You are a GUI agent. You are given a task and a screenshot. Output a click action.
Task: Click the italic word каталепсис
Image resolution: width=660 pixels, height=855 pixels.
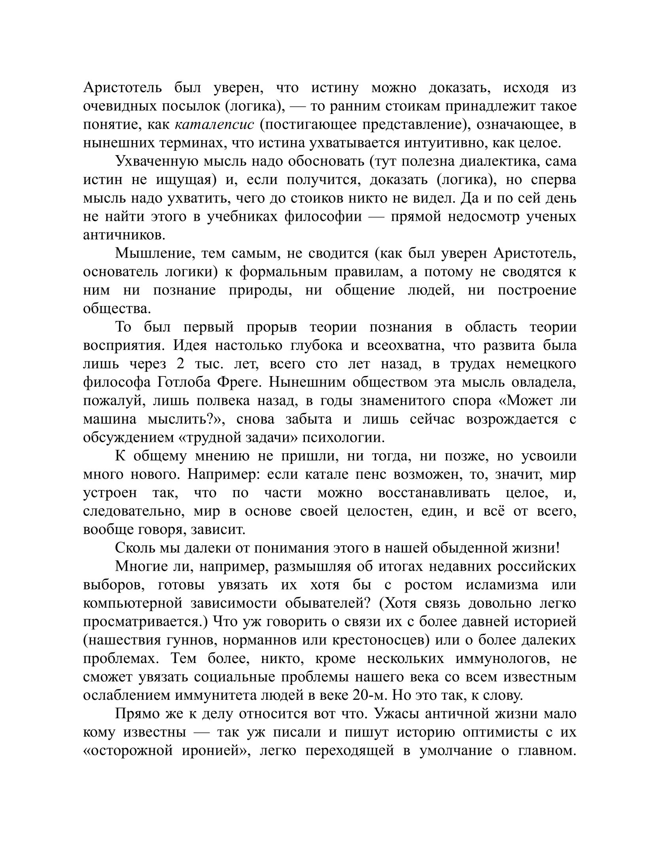(214, 125)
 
